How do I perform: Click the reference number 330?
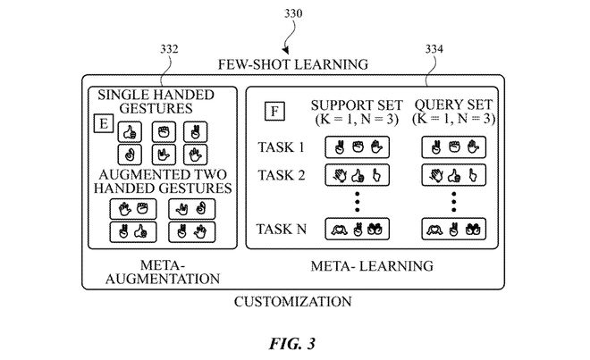pyautogui.click(x=294, y=14)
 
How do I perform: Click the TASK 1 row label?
pyautogui.click(x=281, y=145)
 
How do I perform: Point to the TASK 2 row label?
pyautogui.click(x=281, y=174)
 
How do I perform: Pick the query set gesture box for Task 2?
pyautogui.click(x=452, y=174)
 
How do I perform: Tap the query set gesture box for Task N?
pyautogui.click(x=452, y=229)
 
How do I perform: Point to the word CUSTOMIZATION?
pyautogui.click(x=292, y=301)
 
